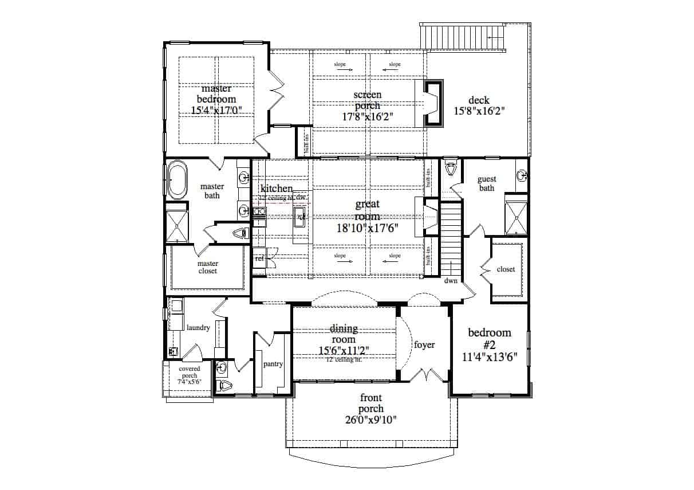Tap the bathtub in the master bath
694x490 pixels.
tap(176, 180)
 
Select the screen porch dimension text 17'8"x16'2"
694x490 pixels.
tap(367, 116)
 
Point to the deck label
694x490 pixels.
tap(478, 100)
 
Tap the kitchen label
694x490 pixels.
tap(277, 189)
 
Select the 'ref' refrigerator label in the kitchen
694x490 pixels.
tap(259, 259)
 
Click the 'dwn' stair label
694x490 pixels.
tap(450, 281)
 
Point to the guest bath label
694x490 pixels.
tap(487, 183)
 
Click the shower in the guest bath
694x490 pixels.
tap(516, 215)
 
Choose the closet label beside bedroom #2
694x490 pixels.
tap(506, 269)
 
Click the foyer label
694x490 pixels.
tap(424, 345)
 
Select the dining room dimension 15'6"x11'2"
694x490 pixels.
tap(344, 350)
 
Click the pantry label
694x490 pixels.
tap(273, 363)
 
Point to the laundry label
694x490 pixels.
tap(198, 328)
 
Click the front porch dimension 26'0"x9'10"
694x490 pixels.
tap(370, 420)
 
